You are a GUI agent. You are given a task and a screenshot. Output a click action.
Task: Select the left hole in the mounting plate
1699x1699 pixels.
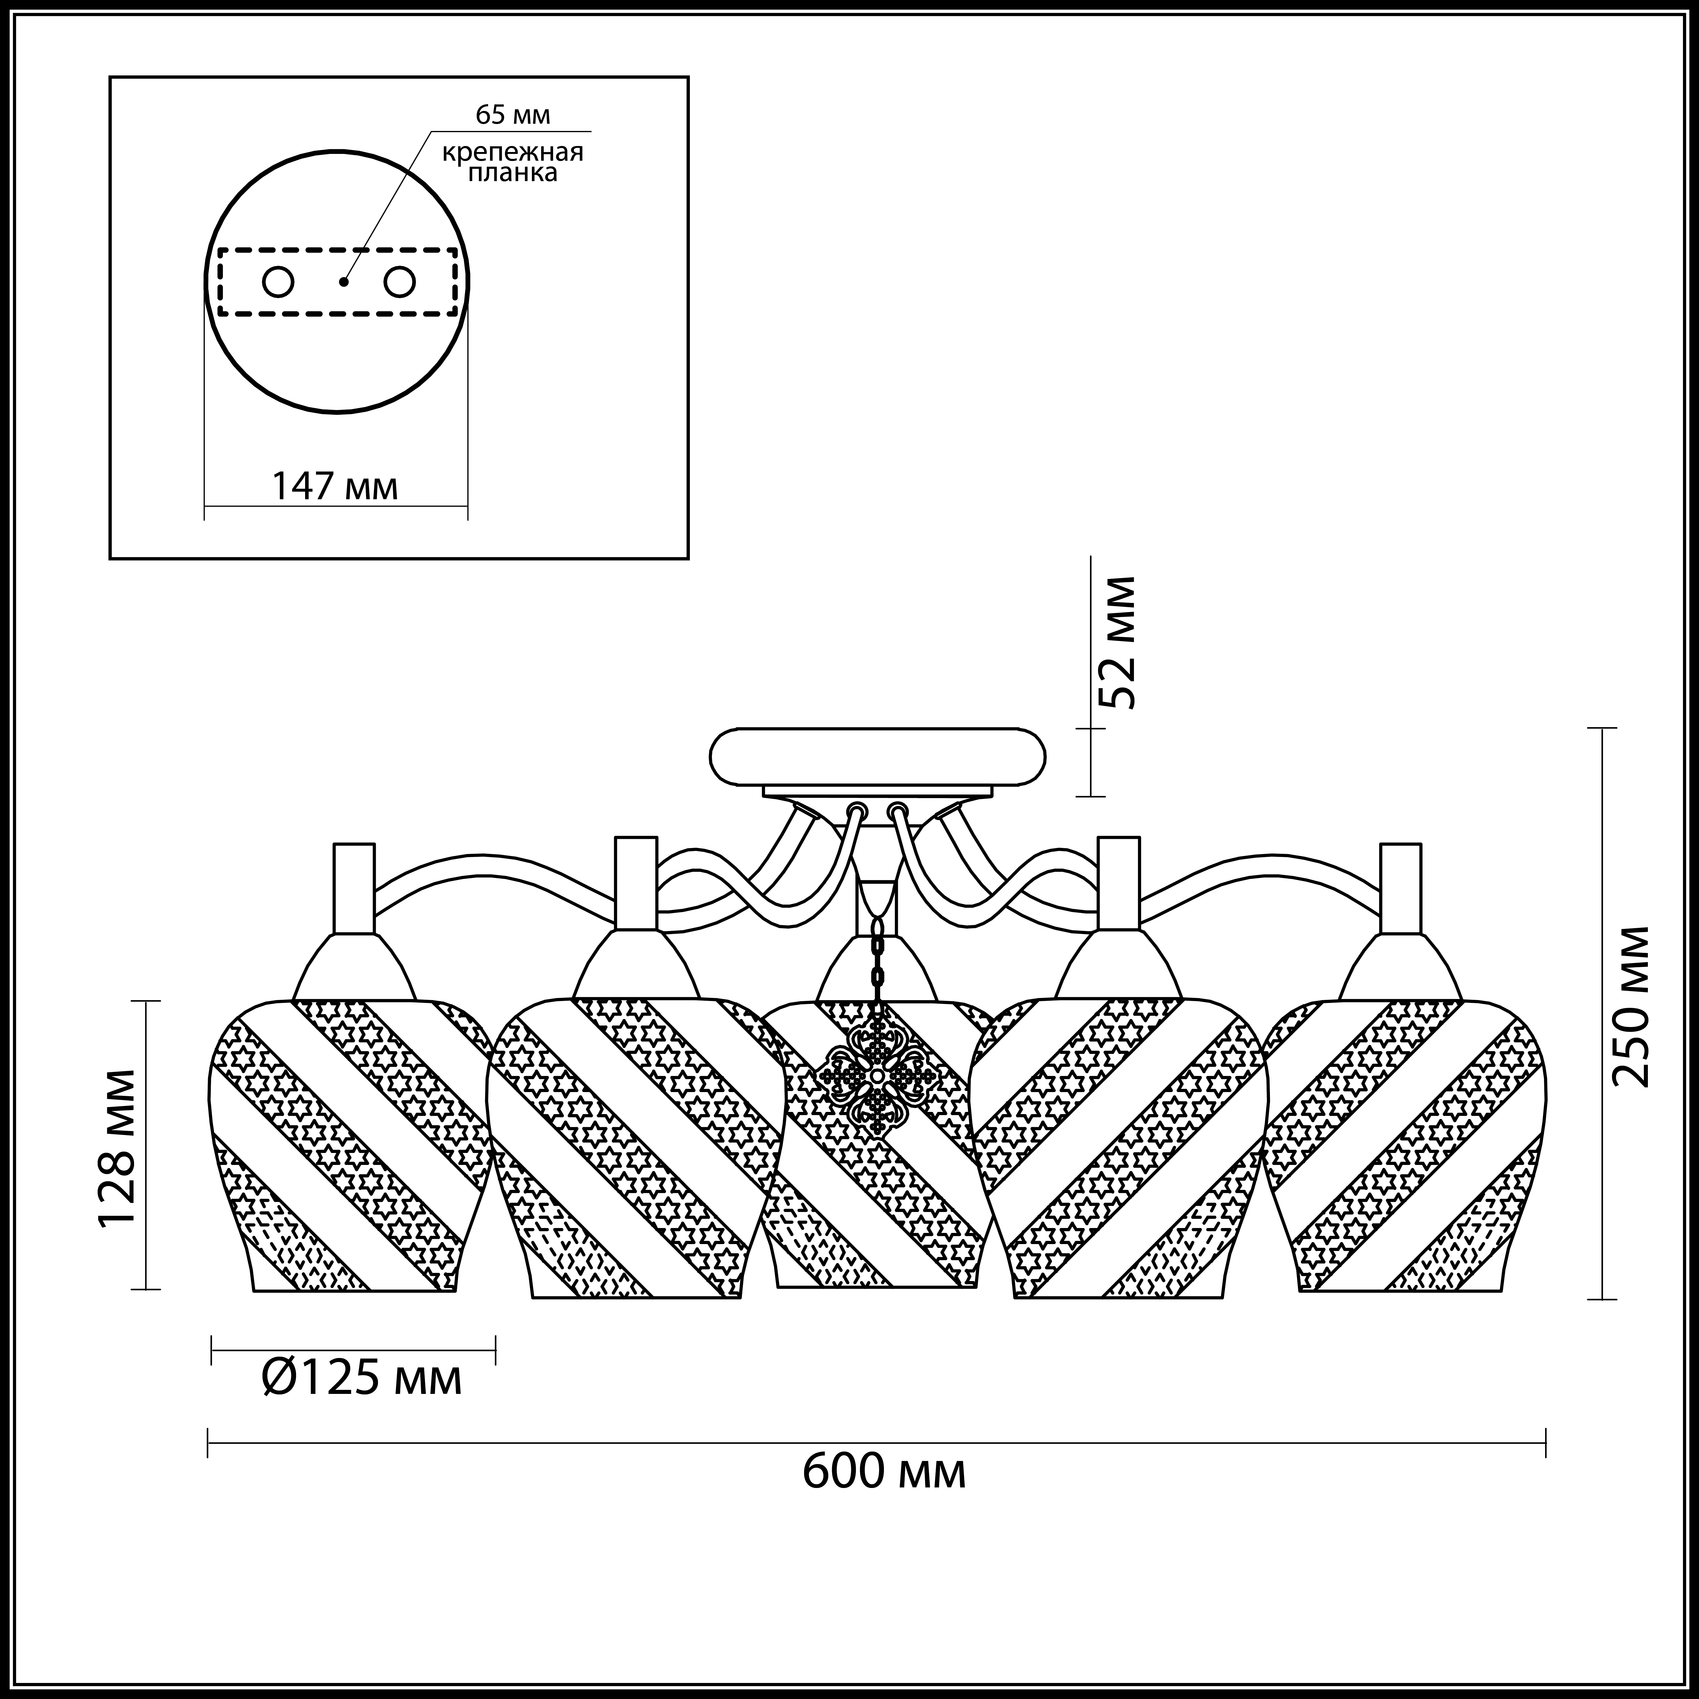(278, 282)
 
